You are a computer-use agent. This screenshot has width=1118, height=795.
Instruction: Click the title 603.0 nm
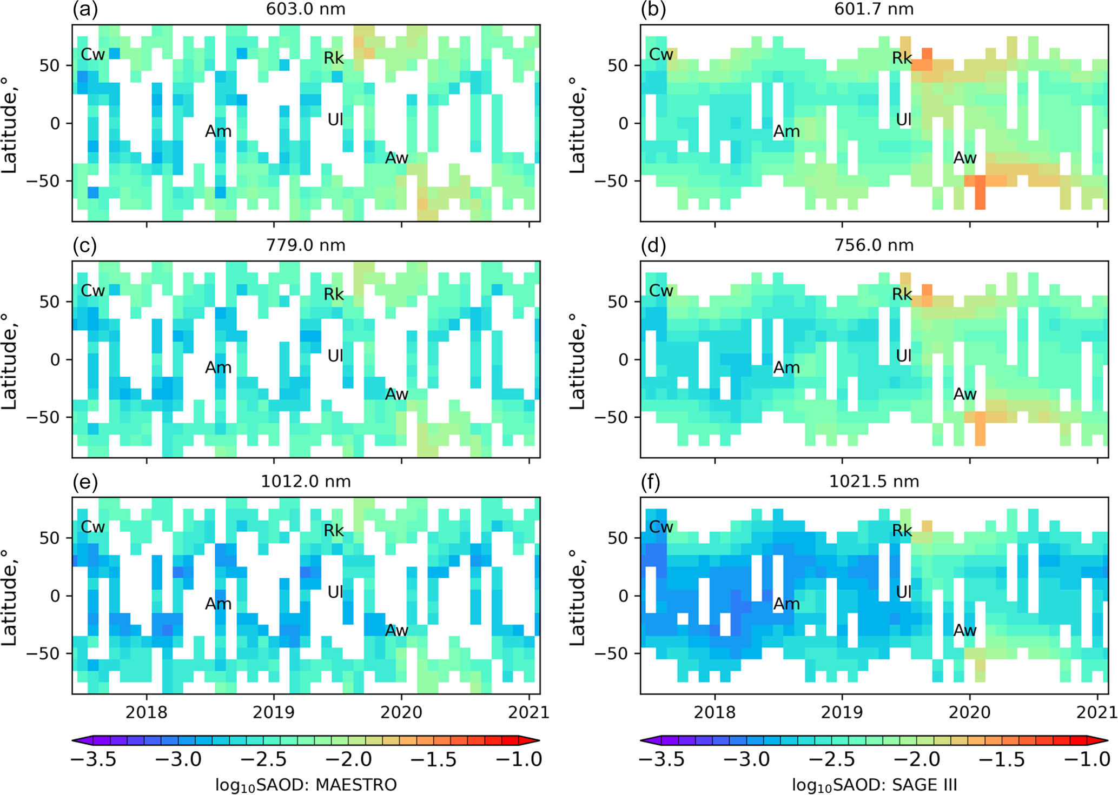point(306,9)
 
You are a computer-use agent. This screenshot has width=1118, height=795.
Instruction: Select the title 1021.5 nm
point(874,482)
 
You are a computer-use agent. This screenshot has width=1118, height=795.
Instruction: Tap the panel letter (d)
point(653,246)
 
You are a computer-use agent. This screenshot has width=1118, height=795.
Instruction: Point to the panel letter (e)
point(85,482)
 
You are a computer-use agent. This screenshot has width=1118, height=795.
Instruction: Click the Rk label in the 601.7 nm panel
point(902,58)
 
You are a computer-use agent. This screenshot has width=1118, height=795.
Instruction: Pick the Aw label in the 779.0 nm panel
point(396,394)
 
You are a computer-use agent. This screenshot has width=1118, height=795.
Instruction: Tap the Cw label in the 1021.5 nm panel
point(661,527)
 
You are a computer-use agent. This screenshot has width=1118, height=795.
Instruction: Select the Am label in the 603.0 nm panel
point(218,131)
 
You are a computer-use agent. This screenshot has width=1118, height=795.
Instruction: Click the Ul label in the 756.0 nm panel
point(903,356)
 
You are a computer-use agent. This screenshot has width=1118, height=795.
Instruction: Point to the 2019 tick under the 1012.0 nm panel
point(274,712)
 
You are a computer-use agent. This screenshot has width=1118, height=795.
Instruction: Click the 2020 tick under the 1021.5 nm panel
point(970,712)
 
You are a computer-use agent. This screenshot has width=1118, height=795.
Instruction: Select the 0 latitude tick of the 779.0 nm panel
point(55,359)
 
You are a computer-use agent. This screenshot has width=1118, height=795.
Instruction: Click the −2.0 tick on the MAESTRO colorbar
point(348,759)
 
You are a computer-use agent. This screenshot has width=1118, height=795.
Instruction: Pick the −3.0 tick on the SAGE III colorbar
point(746,759)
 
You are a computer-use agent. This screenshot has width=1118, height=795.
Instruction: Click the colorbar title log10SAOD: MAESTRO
point(306,784)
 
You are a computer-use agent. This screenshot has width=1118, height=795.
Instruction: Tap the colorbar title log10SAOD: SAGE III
point(874,784)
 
